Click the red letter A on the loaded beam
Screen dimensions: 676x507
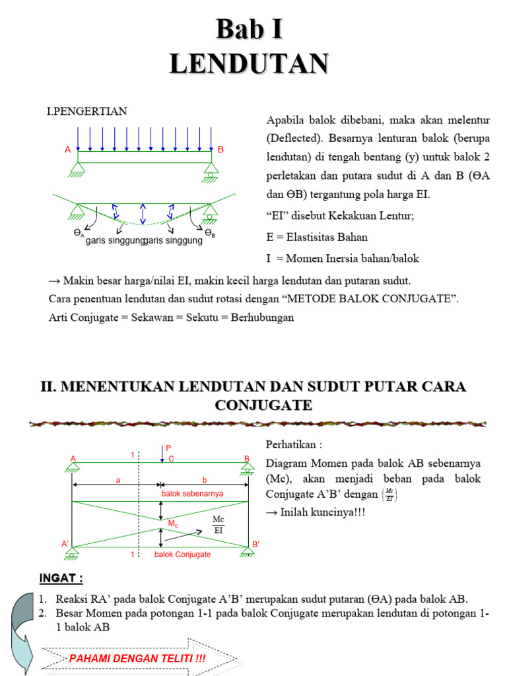[x=68, y=150]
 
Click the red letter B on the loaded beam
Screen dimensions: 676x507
[x=221, y=150]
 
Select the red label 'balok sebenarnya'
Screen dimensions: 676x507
[x=193, y=494]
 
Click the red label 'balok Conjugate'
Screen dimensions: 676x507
[x=183, y=555]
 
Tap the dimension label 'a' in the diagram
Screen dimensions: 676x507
[x=118, y=481]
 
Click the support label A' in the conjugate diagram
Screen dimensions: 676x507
[x=66, y=543]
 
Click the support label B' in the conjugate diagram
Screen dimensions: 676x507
[x=255, y=545]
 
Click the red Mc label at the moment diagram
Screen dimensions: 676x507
[x=173, y=524]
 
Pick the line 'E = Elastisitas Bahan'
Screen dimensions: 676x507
[x=317, y=237]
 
